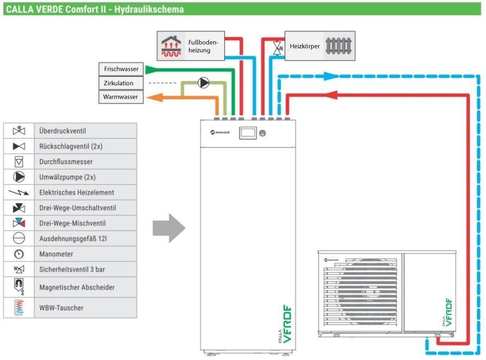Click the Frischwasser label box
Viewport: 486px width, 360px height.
pyautogui.click(x=121, y=69)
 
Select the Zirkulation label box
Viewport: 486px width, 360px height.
pyautogui.click(x=121, y=83)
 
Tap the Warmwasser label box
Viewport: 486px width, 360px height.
pyautogui.click(x=121, y=97)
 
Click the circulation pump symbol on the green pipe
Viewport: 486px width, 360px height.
pyautogui.click(x=204, y=83)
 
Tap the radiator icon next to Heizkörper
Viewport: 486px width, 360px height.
pyautogui.click(x=338, y=46)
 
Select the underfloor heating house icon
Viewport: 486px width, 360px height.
pyautogui.click(x=171, y=47)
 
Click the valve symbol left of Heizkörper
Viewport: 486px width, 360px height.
pyautogui.click(x=277, y=48)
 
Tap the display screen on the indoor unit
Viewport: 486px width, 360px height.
pyautogui.click(x=248, y=133)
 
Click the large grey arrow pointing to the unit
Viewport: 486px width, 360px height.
pyautogui.click(x=169, y=228)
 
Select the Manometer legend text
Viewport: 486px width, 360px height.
pyautogui.click(x=56, y=254)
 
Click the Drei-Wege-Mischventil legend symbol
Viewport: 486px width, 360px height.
pyautogui.click(x=19, y=223)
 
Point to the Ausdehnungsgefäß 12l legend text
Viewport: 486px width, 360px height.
pyautogui.click(x=73, y=238)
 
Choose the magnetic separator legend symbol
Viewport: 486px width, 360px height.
pyautogui.click(x=19, y=287)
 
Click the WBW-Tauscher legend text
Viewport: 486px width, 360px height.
pyautogui.click(x=61, y=308)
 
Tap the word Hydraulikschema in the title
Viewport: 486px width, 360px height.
pyautogui.click(x=149, y=9)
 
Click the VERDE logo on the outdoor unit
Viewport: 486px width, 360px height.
pyautogui.click(x=448, y=312)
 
